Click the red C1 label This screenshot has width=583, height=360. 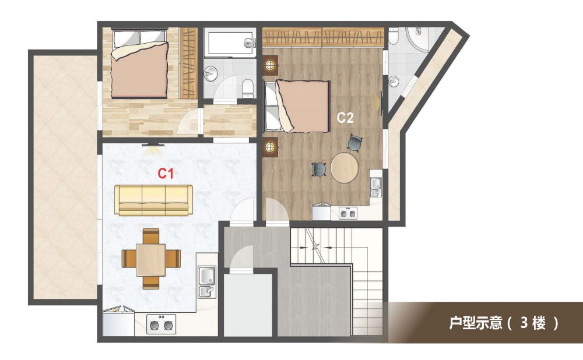pos(166,174)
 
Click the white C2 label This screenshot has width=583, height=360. pos(345,118)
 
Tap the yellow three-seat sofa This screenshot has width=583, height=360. pos(153,200)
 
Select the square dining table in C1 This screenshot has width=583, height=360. pos(151,260)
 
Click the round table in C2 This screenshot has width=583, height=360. pos(345,168)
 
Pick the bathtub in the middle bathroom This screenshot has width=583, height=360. pos(230,44)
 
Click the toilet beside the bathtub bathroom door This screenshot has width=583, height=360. pos(248,88)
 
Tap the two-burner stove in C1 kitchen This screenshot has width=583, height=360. pos(161,324)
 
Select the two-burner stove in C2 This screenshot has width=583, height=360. pos(348,213)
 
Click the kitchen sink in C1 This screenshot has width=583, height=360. pos(207,281)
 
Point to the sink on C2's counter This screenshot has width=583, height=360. pos(375,187)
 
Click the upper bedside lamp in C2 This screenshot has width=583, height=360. pos(270,65)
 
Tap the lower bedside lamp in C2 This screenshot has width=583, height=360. pos(270,147)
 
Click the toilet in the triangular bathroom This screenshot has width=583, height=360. pos(394,37)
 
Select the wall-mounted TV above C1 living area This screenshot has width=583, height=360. pos(152,144)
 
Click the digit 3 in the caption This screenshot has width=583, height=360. pos(524,323)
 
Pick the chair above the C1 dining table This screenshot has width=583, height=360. pos(151,236)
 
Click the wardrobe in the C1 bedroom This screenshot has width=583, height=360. pos(188,63)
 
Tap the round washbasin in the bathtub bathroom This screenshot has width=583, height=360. pos(210,73)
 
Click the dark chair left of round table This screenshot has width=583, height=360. pos(319,170)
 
